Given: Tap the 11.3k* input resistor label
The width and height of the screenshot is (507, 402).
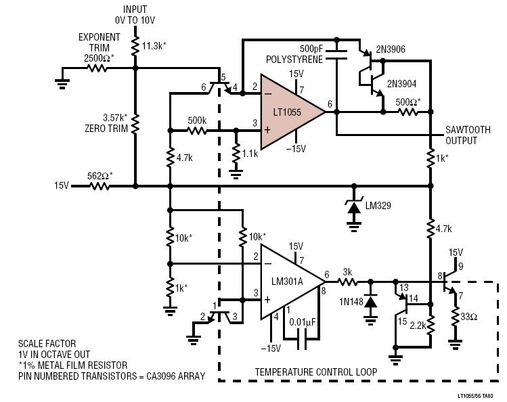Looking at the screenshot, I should pos(156,46).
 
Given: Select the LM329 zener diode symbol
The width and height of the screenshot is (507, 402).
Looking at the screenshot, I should pos(353,204).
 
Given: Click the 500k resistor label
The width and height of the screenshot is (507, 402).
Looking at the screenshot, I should pos(197,120).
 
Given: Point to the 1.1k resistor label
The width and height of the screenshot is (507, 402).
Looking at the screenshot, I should pos(249,154).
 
